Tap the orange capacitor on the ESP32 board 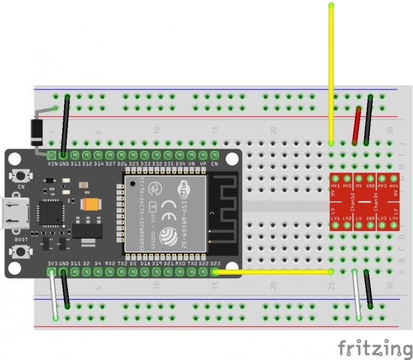tap(89, 204)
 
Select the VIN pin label tap(52, 164)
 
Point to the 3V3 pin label tap(52, 263)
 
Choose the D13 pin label tap(76, 164)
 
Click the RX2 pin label tap(110, 263)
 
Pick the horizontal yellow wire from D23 tap(273, 272)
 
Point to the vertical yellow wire tap(331, 72)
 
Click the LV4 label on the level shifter tap(393, 219)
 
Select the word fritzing tap(375, 348)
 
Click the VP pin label tap(203, 164)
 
